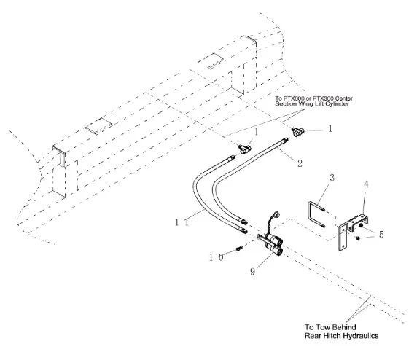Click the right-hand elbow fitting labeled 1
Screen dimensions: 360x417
[298, 131]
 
